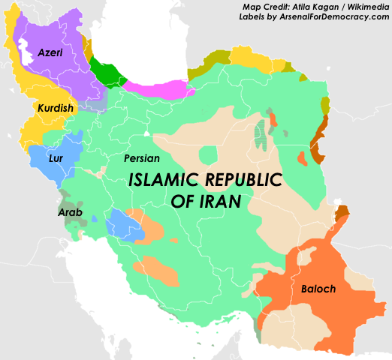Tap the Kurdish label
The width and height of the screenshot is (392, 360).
55,109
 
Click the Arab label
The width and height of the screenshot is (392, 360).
70,213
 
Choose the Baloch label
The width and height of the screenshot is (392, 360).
318,289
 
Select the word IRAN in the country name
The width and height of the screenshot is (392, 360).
216,202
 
